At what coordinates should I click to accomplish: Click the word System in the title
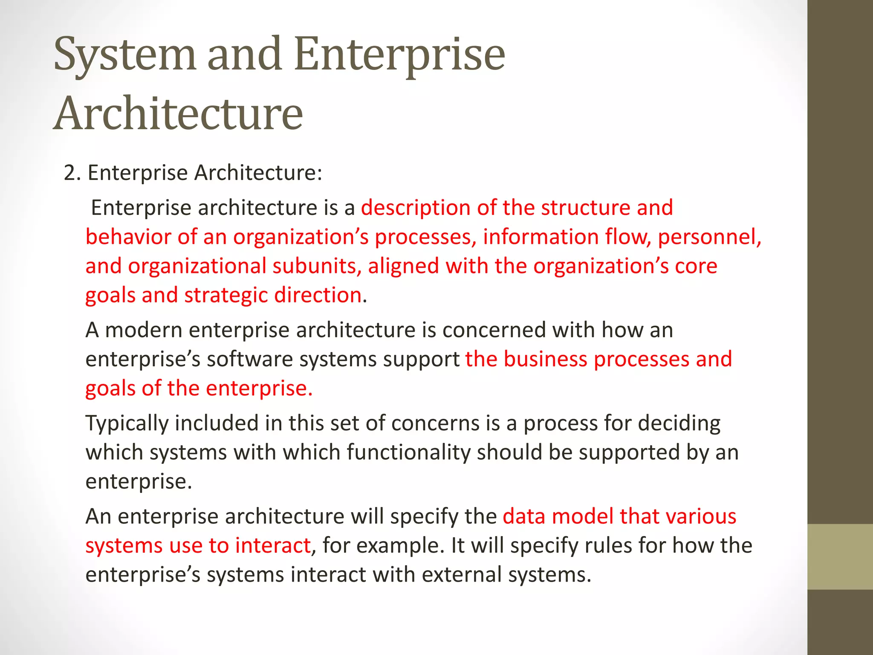[124, 55]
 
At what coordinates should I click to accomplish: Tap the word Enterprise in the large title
[399, 55]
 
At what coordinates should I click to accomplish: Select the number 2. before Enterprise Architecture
[72, 173]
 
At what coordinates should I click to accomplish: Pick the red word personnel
[709, 237]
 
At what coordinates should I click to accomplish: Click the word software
[249, 359]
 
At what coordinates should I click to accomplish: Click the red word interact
[272, 546]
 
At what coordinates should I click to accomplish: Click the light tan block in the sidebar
[840, 556]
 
